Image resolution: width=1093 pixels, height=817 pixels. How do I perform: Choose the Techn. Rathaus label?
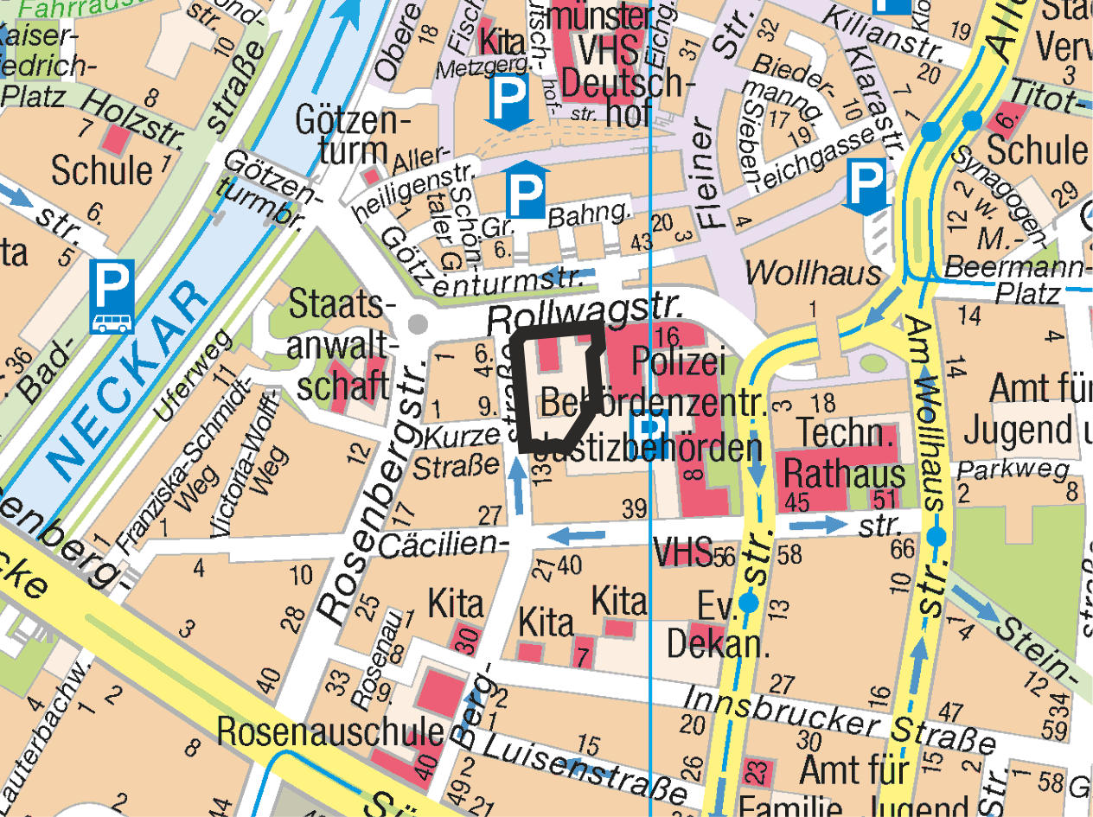[844, 453]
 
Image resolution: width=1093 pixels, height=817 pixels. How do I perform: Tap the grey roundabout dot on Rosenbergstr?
[418, 324]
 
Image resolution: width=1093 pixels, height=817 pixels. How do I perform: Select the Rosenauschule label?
[329, 731]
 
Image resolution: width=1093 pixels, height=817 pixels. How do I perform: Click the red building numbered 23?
[755, 770]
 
